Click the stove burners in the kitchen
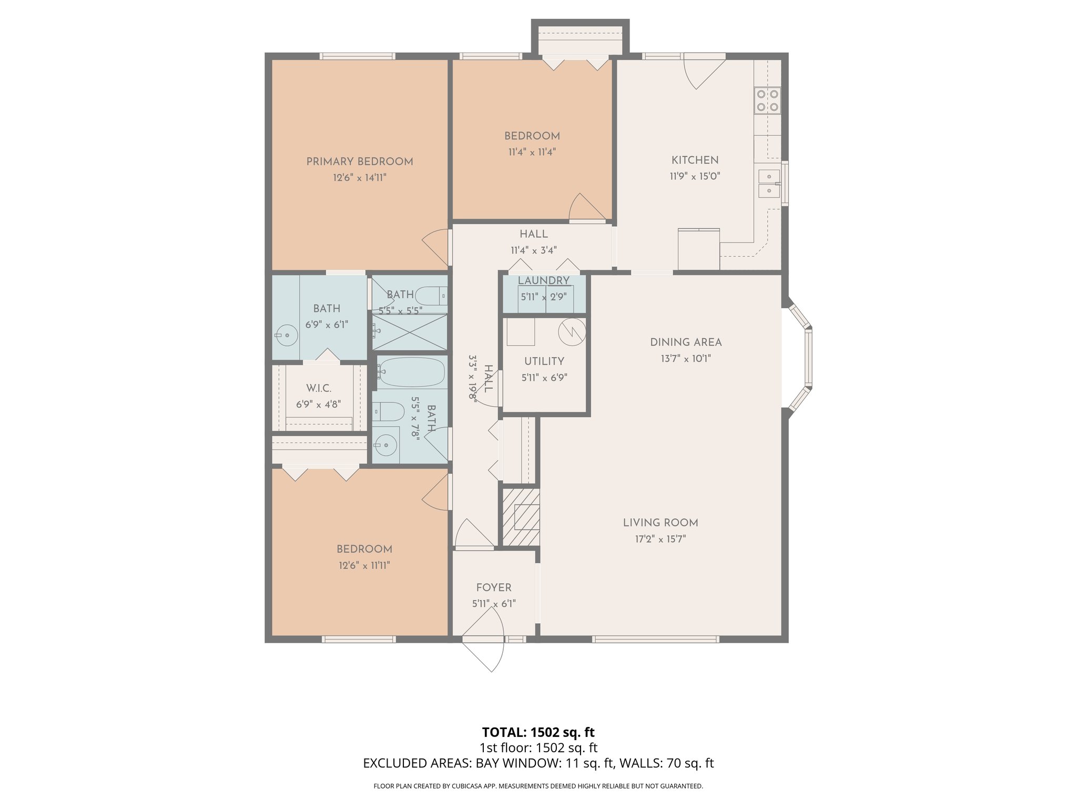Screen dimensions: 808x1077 (767, 100)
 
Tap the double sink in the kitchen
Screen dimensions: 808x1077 (768, 184)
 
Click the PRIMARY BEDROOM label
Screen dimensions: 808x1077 (360, 161)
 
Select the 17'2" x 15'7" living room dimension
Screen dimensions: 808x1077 (660, 539)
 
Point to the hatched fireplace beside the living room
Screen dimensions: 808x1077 (521, 517)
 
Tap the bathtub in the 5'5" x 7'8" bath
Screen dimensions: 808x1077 (411, 371)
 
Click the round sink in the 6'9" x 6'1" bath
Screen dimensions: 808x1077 (287, 335)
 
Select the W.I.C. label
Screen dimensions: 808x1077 (319, 388)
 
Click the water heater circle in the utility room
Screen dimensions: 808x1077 (572, 331)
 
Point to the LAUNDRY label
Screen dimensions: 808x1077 (544, 280)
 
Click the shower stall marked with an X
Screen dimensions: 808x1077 (410, 332)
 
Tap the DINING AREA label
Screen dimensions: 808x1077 (686, 342)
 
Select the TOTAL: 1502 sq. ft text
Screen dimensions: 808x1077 (538, 732)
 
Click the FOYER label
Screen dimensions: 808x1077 (493, 588)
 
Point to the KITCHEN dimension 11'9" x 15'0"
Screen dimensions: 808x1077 (694, 176)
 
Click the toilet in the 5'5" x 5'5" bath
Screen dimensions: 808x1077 (431, 296)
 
